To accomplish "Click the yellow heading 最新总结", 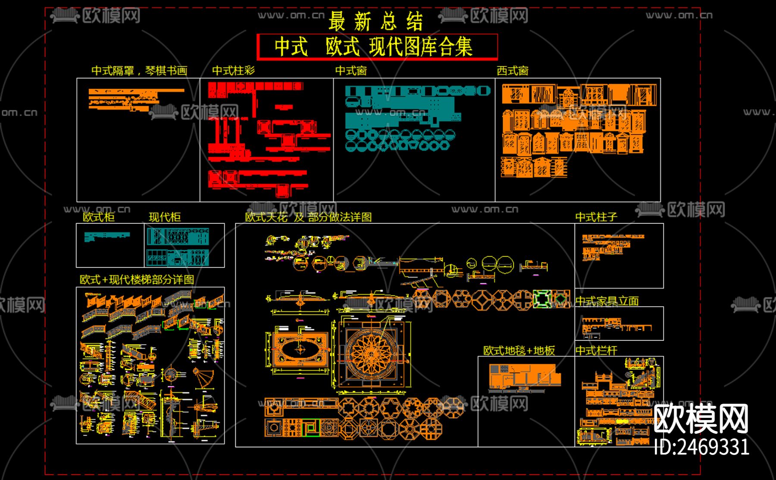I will pos(375,21).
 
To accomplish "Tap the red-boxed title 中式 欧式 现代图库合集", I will pos(374,47).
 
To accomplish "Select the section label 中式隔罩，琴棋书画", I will pos(139,71).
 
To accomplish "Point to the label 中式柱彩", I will pos(233,71).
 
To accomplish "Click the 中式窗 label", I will pos(351,71).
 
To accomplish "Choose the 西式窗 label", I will pos(512,71).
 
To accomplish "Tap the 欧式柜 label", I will pos(99,217).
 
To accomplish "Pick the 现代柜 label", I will pos(164,217).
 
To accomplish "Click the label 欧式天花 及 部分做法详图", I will pos(308,217).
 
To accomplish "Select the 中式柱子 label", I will pos(596,217).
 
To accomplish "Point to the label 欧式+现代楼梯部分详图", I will pos(137,279).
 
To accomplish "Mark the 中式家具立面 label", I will pos(607,301).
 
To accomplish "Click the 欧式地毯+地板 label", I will pos(519,351).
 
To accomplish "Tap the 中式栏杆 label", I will pos(596,351).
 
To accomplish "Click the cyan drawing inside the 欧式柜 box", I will pos(106,236).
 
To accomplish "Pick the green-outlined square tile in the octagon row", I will pos(542,299).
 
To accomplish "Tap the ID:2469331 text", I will pos(701,447).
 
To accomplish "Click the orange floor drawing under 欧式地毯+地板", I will pos(524,376).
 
